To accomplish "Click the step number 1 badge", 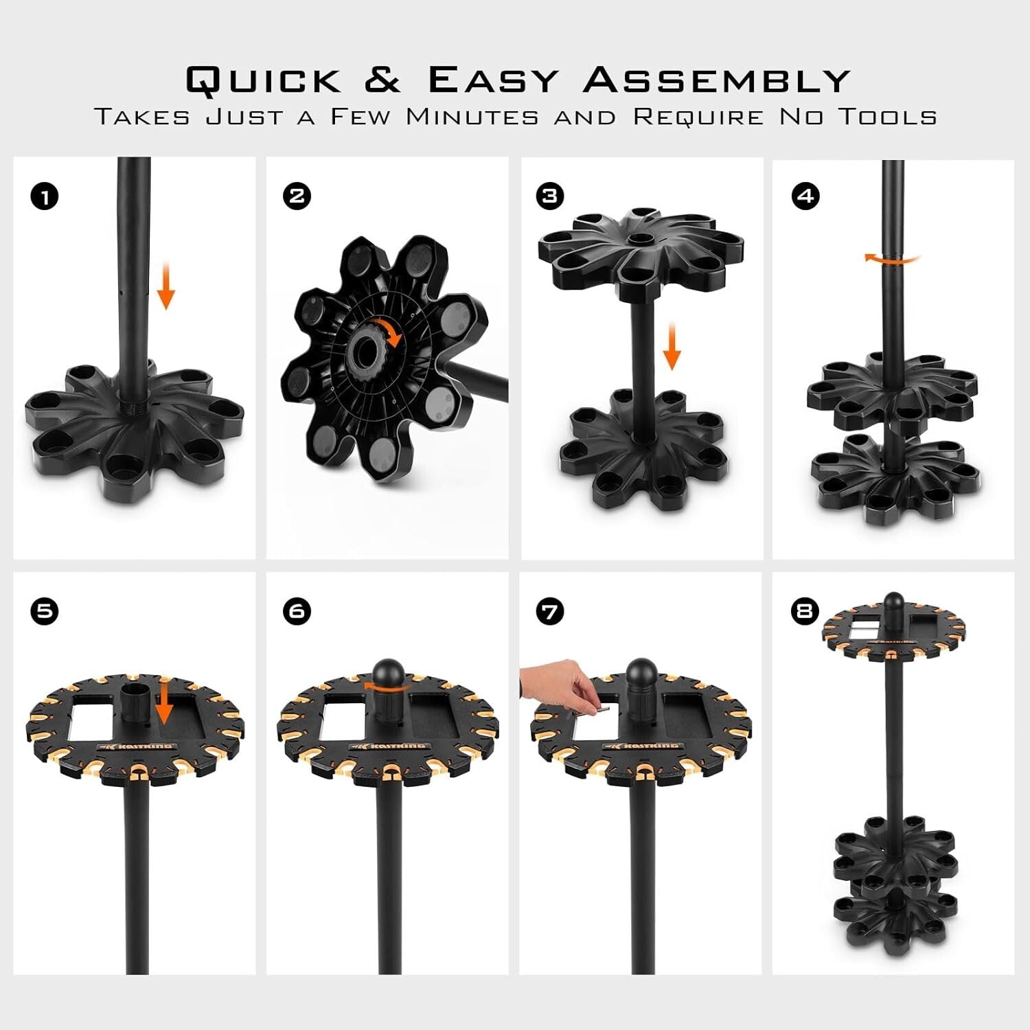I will pos(45,197).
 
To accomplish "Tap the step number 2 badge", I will pos(297,196).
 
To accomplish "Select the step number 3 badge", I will pos(549,196).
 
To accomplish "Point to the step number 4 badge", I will pos(805,196).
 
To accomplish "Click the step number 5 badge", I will pos(45,611).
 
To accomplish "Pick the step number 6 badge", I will pos(297,611).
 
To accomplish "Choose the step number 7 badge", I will pos(549,611).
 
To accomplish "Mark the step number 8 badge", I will pos(805,611).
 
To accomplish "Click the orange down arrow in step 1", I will pos(165,289).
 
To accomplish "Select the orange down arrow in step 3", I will pos(672,347).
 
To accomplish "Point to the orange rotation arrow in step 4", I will pos(892,259).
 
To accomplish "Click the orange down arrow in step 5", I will pos(164,700).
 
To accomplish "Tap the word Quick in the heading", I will pos(264,80).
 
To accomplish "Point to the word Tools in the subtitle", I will pos(889,117).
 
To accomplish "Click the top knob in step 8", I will pos(893,604).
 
